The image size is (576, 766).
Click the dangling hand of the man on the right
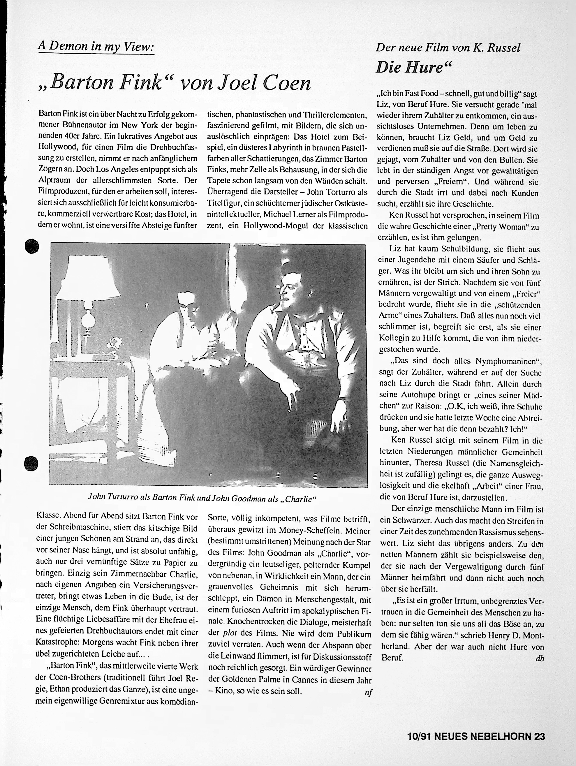pyautogui.click(x=293, y=397)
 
